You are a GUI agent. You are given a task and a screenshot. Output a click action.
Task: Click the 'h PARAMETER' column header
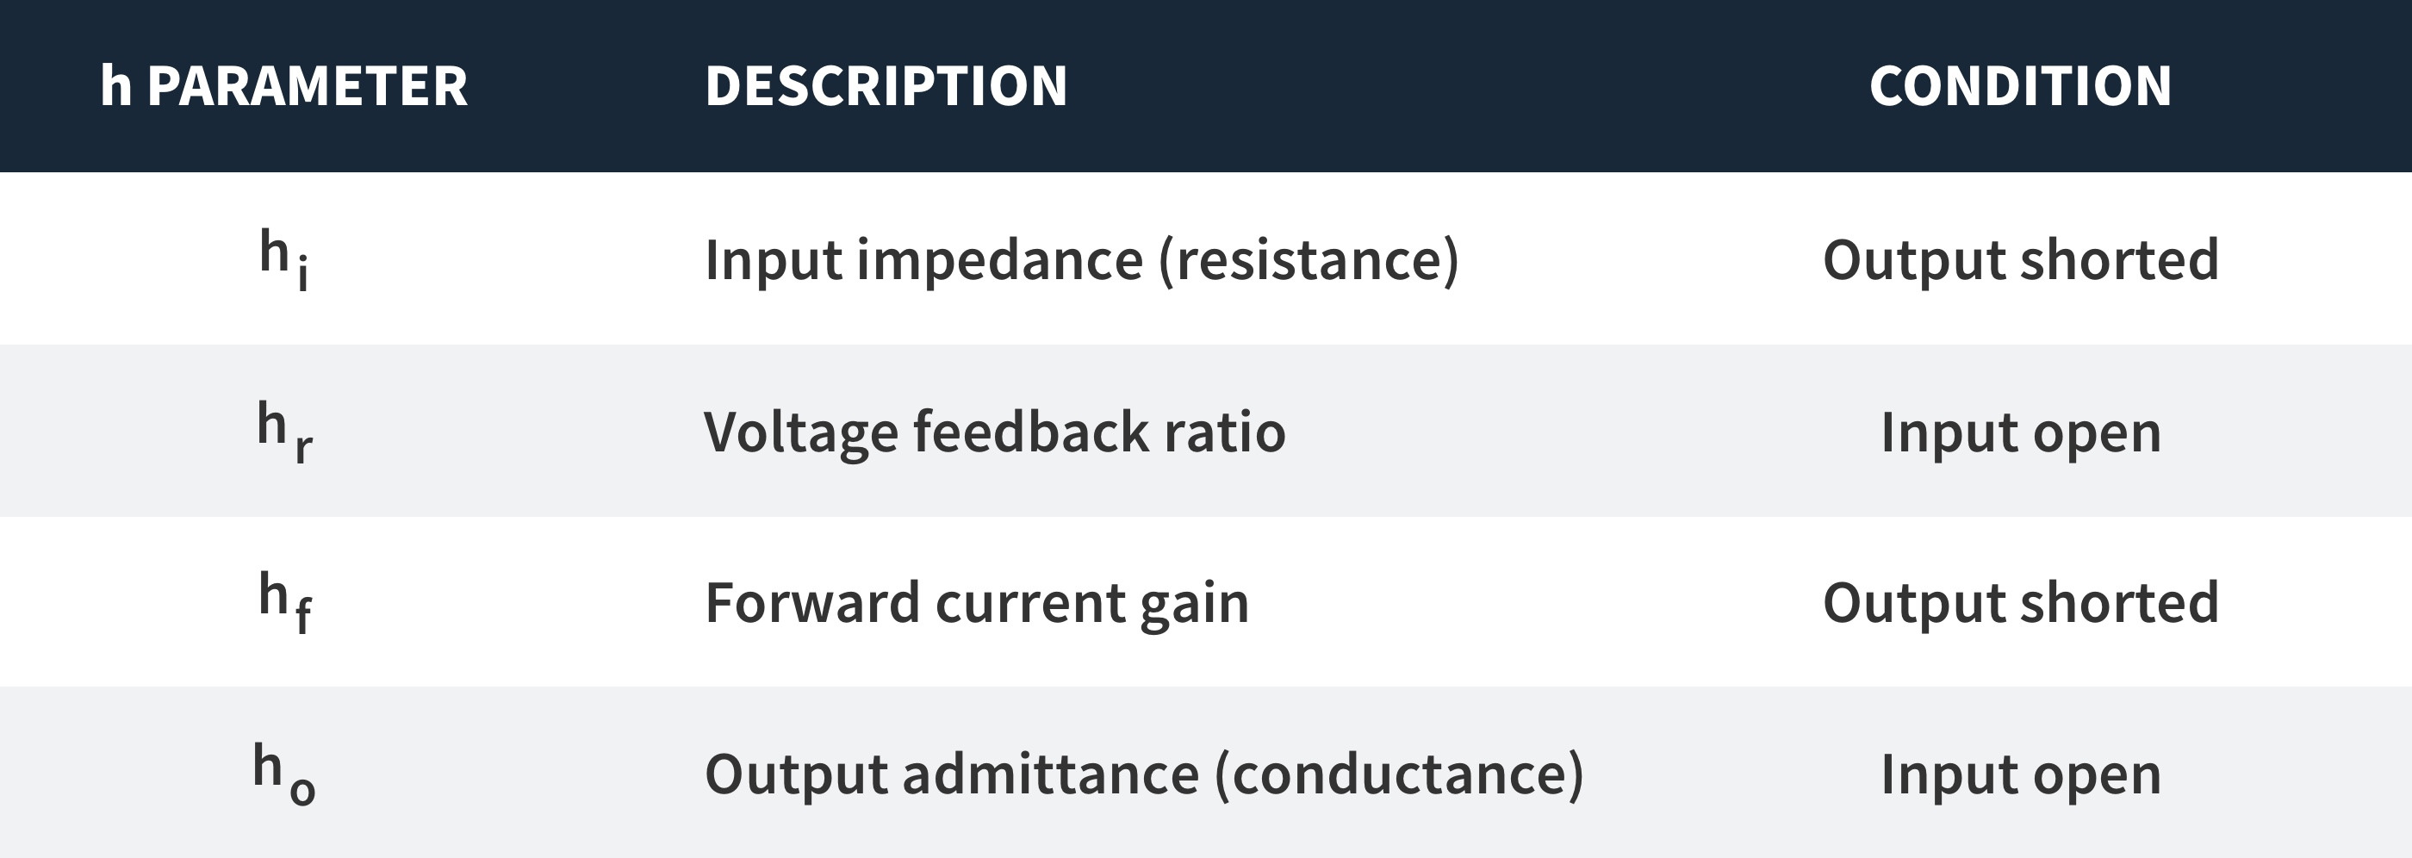283,86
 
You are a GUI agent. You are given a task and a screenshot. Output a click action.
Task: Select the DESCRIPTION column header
886,86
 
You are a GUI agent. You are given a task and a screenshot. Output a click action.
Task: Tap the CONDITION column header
2021,86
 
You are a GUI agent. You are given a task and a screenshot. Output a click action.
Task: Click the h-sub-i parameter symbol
283,260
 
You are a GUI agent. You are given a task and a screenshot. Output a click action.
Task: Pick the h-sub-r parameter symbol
284,432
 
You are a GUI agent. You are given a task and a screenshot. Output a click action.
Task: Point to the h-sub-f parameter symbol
284,602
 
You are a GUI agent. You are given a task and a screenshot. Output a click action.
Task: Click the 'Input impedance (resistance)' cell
1081,260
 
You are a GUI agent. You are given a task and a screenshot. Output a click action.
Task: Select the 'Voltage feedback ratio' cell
994,432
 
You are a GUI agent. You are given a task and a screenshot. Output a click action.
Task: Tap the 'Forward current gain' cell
977,603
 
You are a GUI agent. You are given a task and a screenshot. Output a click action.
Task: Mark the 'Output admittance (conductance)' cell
1144,774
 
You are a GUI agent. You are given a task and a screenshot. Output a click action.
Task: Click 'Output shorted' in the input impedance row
2021,259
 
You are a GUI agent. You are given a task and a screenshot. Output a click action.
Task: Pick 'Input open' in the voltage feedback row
2021,433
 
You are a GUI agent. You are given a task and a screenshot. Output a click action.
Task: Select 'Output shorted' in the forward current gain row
2021,602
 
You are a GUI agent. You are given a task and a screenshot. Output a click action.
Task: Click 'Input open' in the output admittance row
2021,776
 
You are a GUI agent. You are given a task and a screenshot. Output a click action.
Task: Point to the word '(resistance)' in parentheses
1308,260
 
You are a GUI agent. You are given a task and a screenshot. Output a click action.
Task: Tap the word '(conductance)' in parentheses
1399,774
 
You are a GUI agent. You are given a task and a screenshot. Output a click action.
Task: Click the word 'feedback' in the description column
1030,432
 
